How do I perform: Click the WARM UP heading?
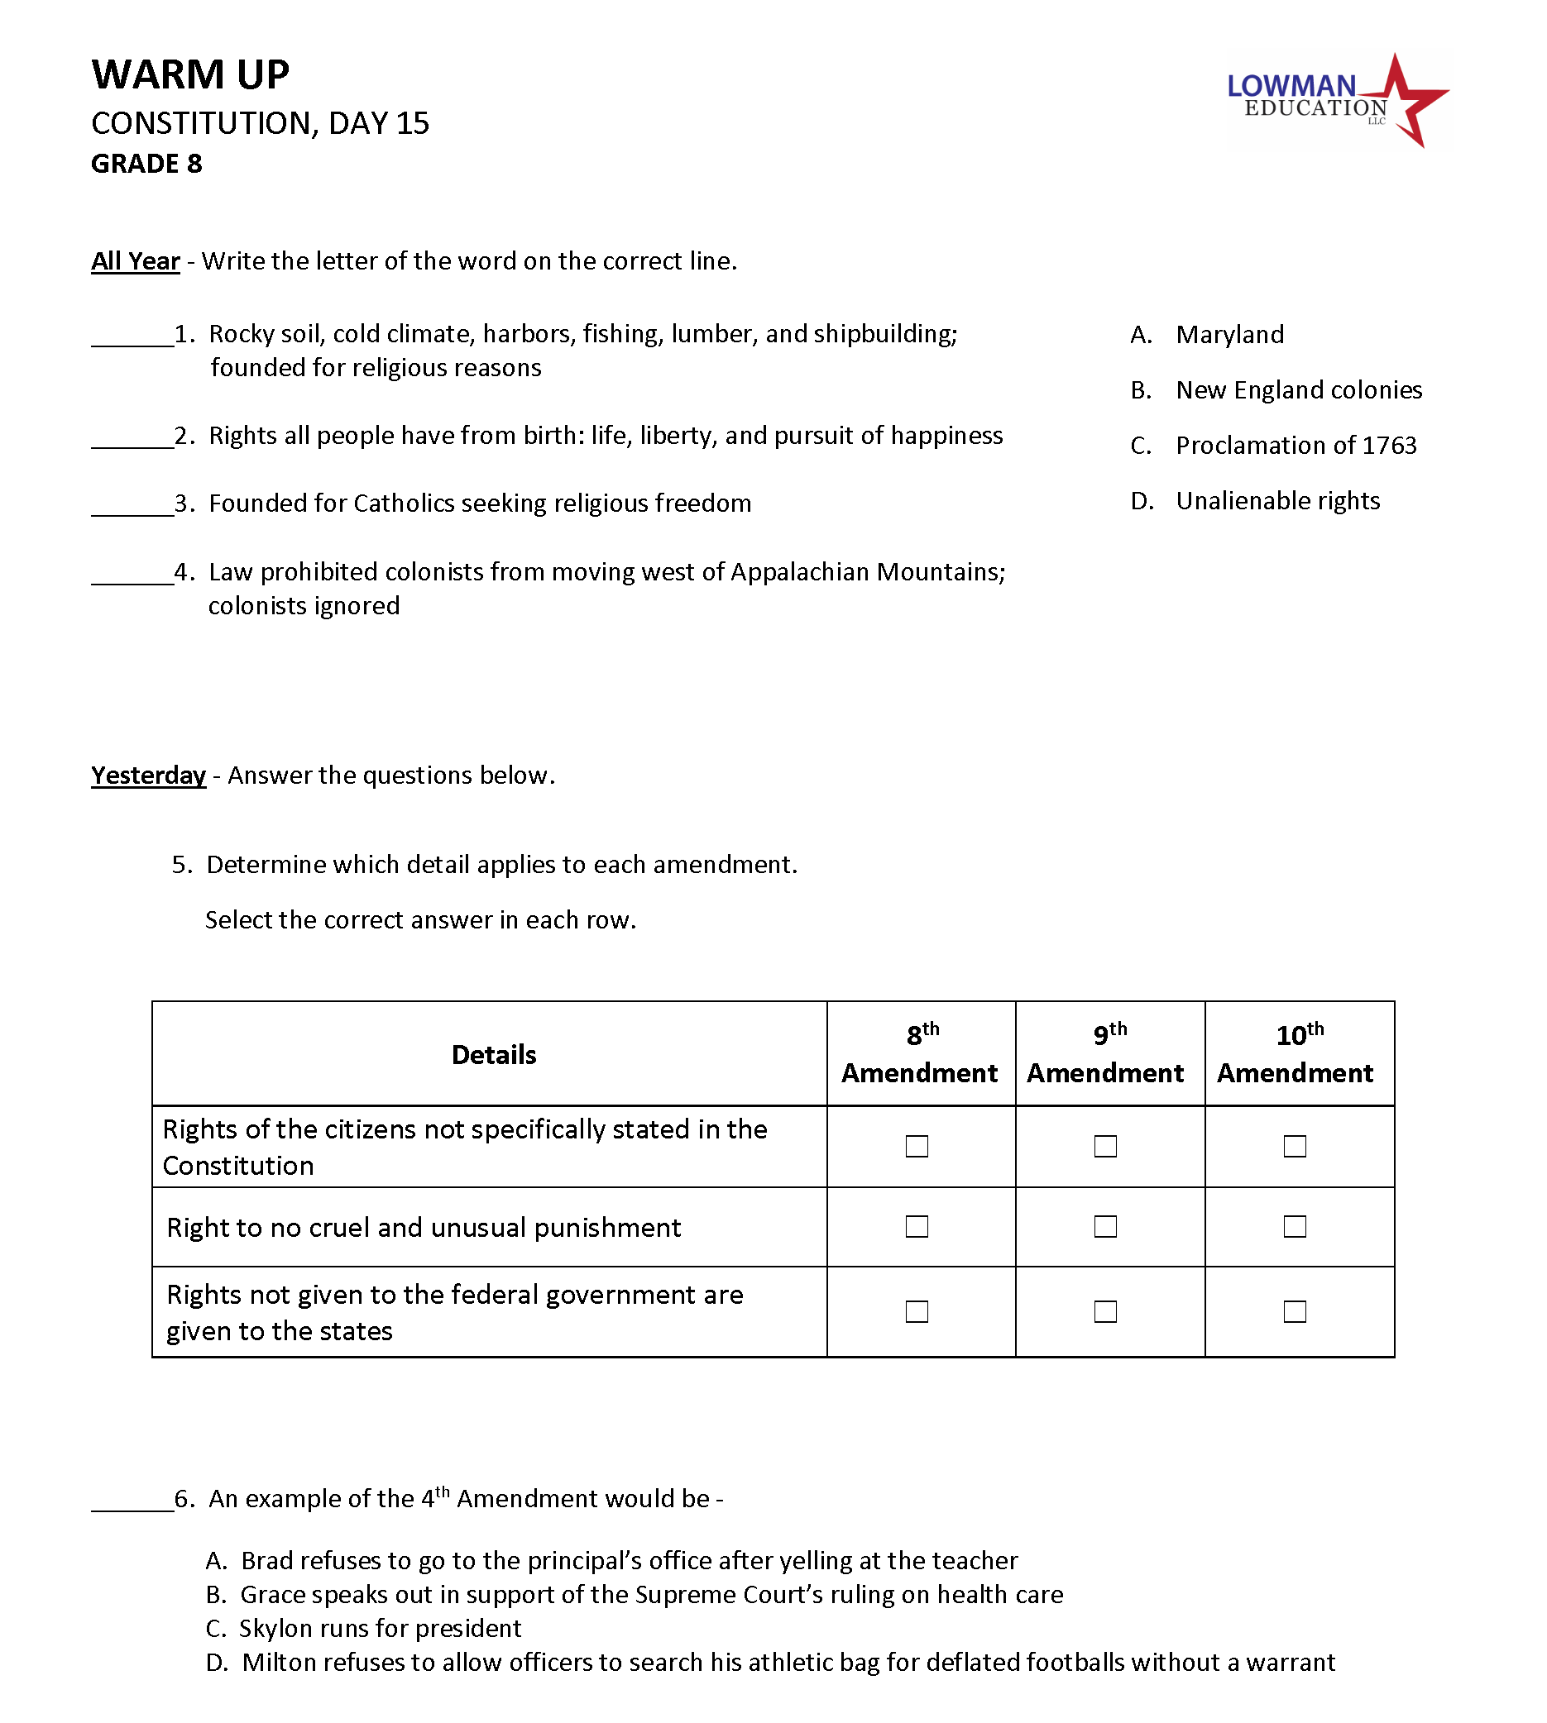click(x=190, y=74)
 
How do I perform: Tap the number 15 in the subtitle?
click(x=412, y=124)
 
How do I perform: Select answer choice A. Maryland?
click(x=1229, y=335)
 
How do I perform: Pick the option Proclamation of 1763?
click(x=1296, y=445)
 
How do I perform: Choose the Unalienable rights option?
click(x=1276, y=501)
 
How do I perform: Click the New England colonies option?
click(x=1298, y=390)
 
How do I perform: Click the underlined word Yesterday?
click(x=149, y=775)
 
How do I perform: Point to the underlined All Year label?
click(x=135, y=260)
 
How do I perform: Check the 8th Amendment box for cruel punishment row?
click(x=917, y=1227)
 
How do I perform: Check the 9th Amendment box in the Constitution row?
click(x=1105, y=1146)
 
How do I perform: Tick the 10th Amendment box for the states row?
click(x=1294, y=1312)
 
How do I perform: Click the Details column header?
click(x=494, y=1054)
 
